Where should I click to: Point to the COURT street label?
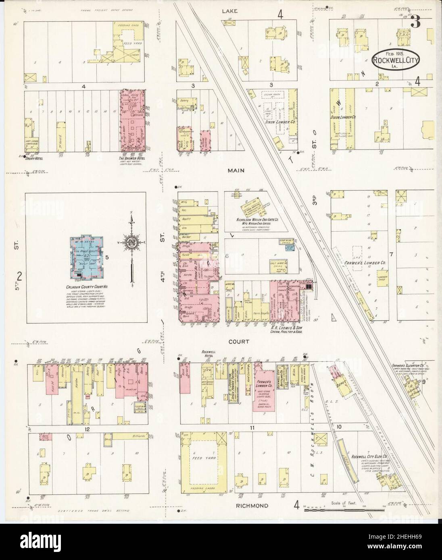pyautogui.click(x=239, y=341)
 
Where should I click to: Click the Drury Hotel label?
pyautogui.click(x=34, y=158)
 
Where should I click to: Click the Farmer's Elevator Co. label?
pyautogui.click(x=409, y=367)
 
